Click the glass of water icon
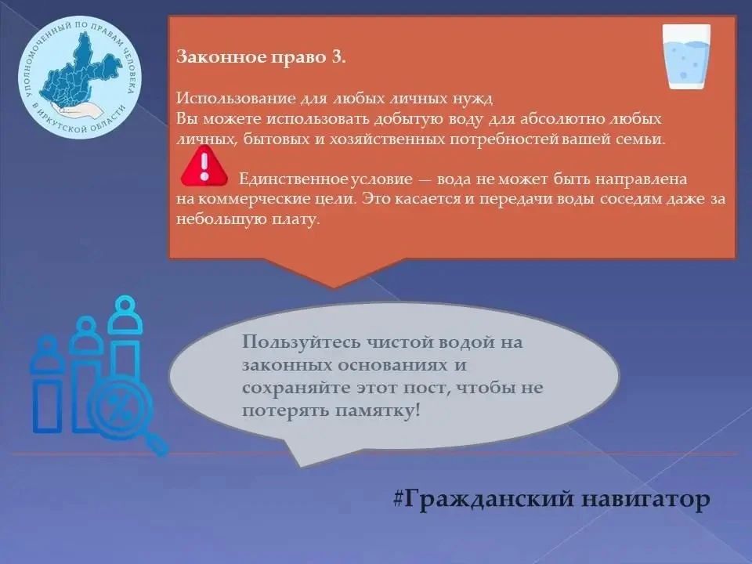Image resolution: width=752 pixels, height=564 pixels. point(686,57)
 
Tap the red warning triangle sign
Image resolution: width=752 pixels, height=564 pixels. point(204,166)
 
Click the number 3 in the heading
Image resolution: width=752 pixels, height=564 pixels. point(336,56)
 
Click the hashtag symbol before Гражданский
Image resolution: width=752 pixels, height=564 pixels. point(398,498)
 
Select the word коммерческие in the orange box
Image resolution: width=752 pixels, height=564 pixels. point(254,199)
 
